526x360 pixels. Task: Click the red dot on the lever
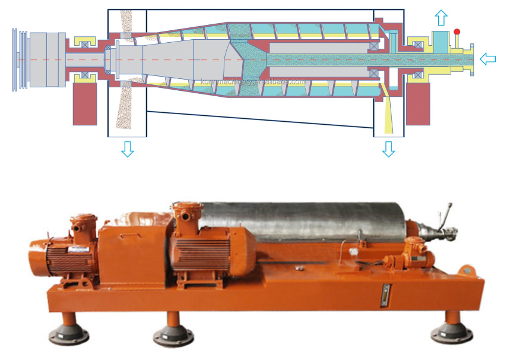(x=457, y=31)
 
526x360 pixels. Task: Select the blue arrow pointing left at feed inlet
(x=487, y=58)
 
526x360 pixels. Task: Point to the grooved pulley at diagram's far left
(x=19, y=59)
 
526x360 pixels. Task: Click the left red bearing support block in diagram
(x=85, y=103)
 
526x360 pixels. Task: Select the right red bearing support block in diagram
(x=418, y=103)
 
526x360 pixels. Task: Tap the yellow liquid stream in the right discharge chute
(x=389, y=113)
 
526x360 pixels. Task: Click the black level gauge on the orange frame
(x=386, y=293)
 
